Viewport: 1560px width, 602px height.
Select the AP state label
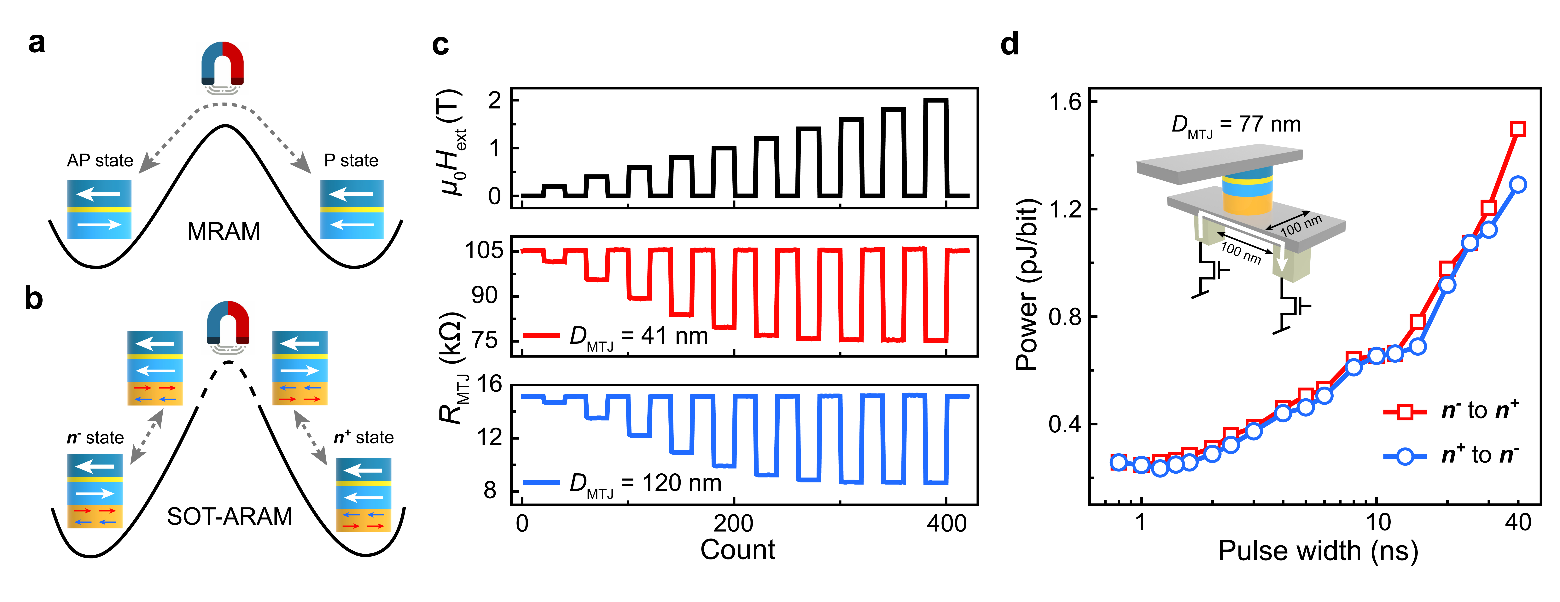point(100,161)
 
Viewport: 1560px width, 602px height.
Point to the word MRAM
point(224,231)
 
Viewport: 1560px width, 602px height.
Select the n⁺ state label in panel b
point(363,437)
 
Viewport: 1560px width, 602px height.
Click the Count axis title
point(738,550)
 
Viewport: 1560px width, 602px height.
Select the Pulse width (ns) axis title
point(1318,551)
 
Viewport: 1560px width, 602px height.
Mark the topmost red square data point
point(1518,129)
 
